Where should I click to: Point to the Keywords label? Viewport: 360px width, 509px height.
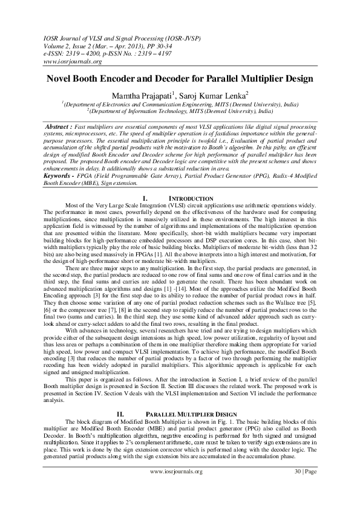58,159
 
